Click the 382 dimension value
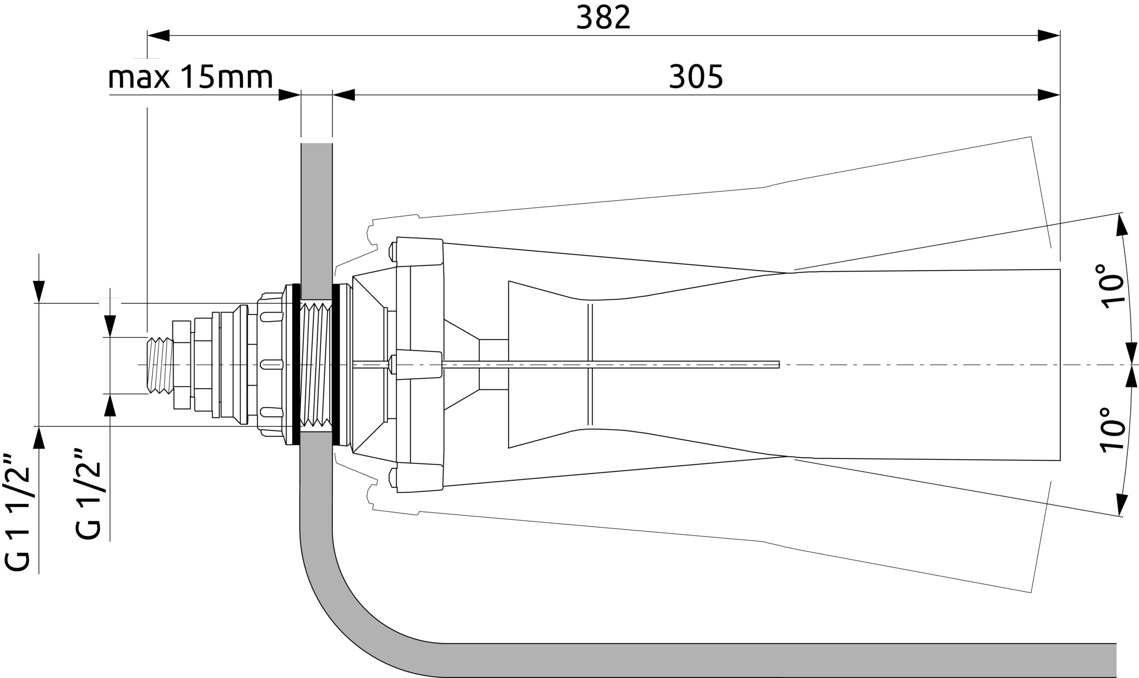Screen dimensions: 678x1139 point(603,18)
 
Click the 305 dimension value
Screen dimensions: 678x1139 point(696,77)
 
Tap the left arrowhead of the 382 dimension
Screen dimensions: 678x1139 point(158,36)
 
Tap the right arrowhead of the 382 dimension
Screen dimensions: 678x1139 point(1048,36)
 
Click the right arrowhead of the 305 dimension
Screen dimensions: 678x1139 point(1048,95)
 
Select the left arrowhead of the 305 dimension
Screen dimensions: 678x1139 point(344,95)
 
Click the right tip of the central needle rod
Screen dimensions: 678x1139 point(778,365)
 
